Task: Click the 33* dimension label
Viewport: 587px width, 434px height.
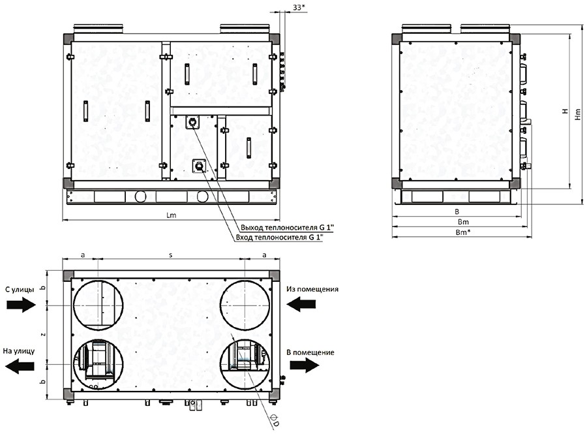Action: click(297, 7)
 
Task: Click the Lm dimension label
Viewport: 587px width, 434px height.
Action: click(171, 215)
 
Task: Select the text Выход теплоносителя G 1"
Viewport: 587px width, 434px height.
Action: click(287, 227)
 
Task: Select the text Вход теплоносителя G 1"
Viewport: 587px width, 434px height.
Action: click(279, 237)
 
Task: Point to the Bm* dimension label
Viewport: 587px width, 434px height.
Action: click(463, 232)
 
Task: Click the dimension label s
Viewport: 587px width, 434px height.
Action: click(171, 255)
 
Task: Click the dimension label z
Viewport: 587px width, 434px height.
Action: click(44, 334)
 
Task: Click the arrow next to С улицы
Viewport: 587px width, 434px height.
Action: click(21, 305)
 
